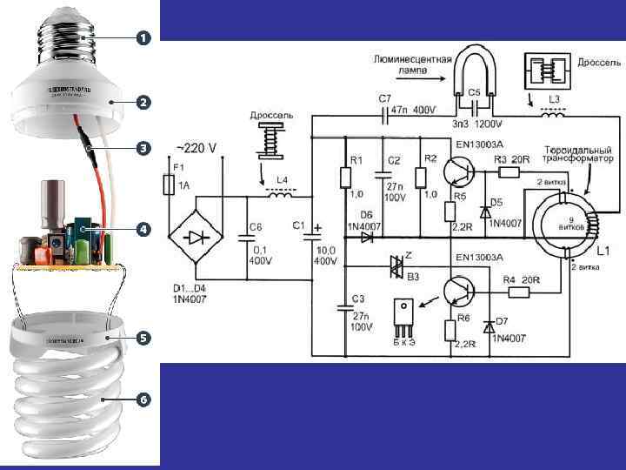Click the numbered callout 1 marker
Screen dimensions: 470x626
142,38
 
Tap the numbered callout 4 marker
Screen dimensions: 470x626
142,230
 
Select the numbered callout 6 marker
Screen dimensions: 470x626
142,399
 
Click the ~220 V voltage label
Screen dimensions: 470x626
196,149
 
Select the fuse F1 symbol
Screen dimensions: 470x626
169,185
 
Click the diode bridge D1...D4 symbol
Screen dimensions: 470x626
194,238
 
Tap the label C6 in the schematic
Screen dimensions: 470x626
256,227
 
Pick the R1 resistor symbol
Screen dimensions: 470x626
345,178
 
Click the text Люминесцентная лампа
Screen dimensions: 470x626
412,66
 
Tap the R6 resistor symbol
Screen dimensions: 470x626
450,330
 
